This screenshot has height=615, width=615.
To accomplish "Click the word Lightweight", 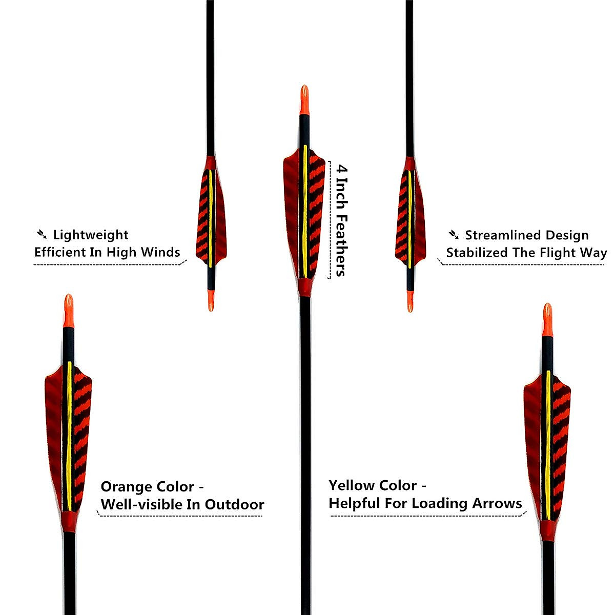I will (x=91, y=235).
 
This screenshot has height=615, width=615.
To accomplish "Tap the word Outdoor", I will (x=234, y=504).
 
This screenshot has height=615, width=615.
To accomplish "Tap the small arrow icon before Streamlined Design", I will (x=454, y=235).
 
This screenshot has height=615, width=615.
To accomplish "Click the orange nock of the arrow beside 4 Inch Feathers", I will (x=304, y=100).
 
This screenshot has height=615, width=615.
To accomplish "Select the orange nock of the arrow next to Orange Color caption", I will (x=69, y=311).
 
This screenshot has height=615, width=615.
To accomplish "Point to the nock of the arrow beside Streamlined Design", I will (x=409, y=301).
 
